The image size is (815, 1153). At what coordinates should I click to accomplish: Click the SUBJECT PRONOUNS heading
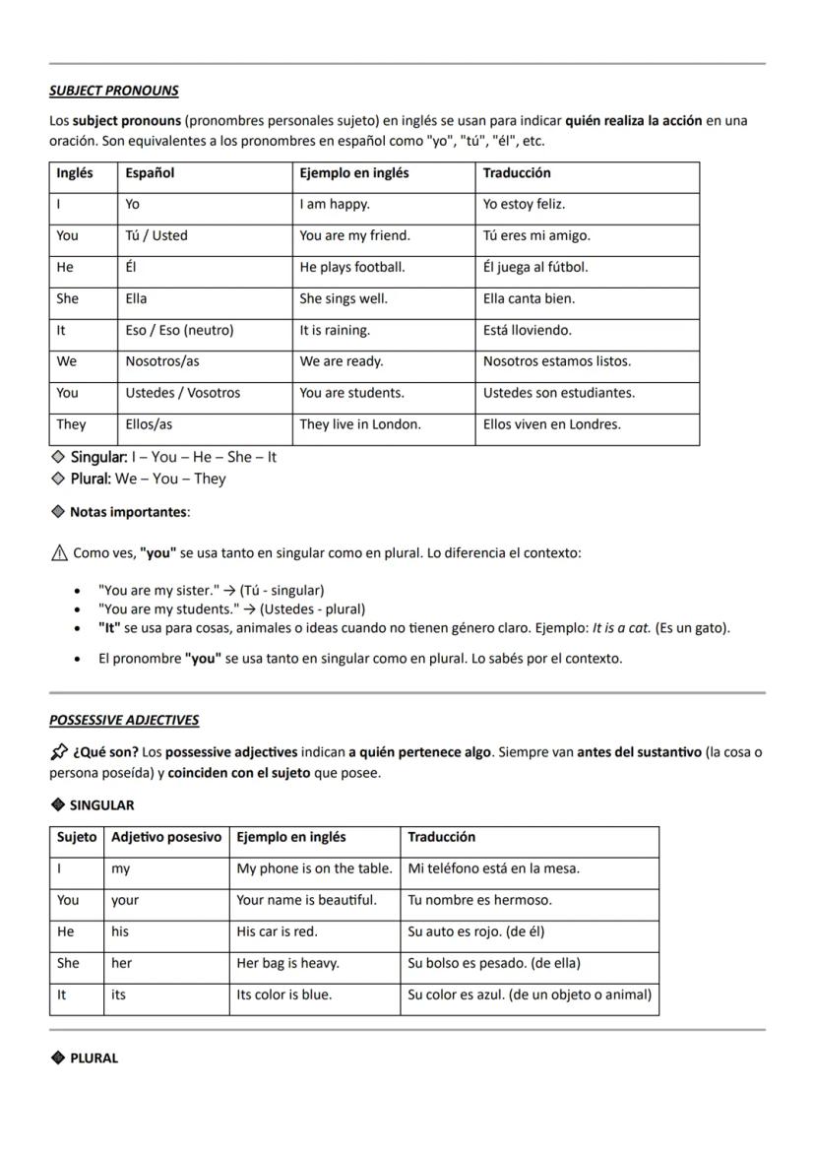coord(113,91)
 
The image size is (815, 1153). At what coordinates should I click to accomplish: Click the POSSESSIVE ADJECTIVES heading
coord(124,720)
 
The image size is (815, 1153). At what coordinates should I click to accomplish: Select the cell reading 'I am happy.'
coord(335,205)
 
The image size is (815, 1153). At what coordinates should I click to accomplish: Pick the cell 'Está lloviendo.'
coord(527,331)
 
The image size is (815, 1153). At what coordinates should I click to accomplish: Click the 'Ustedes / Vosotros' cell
coord(182,394)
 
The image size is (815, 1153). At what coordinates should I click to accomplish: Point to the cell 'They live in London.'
coord(359,425)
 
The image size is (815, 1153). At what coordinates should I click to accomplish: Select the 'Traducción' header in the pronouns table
coord(517,173)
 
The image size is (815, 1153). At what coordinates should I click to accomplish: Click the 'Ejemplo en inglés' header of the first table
coord(353,173)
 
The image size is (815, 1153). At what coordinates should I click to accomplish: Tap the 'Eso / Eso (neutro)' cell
coord(179,331)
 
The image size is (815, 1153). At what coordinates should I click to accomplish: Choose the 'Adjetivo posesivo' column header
coord(166,838)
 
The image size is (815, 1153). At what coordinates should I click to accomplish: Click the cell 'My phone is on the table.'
coord(314,869)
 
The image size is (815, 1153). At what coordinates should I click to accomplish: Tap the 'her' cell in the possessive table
coord(121,964)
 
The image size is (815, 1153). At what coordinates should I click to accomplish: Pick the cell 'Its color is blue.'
coord(283,995)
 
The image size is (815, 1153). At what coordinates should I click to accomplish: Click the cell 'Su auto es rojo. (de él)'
coord(475,932)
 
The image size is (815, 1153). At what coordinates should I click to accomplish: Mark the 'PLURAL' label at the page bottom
coord(94,1058)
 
